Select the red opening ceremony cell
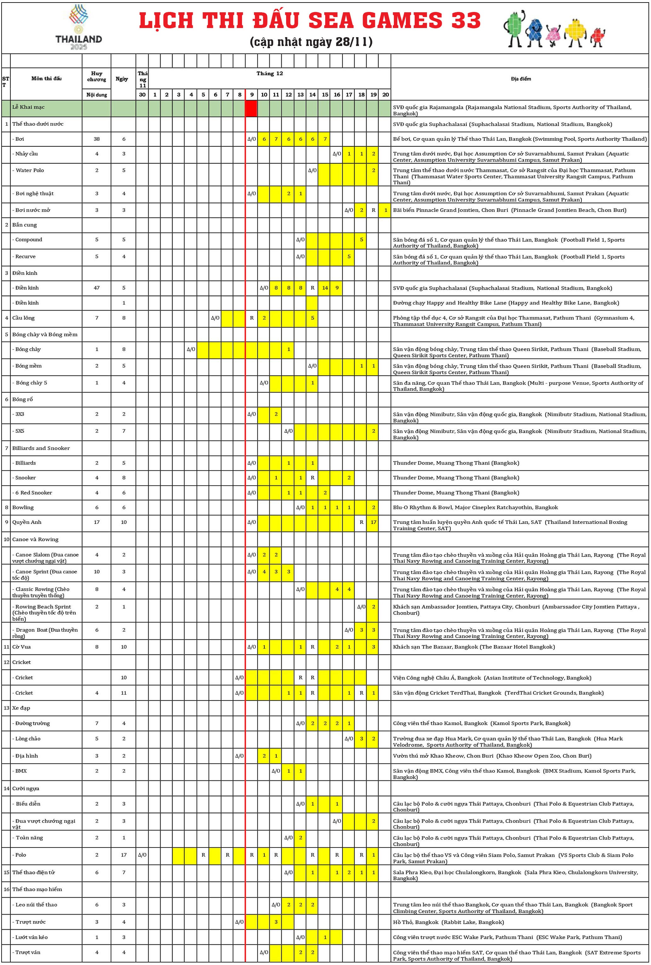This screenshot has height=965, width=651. pyautogui.click(x=251, y=108)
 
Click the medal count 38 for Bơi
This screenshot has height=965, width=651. pyautogui.click(x=97, y=139)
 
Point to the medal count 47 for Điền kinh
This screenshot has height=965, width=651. pyautogui.click(x=97, y=287)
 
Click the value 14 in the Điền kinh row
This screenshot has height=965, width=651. pyautogui.click(x=325, y=287)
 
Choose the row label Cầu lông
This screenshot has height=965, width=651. pyautogui.click(x=23, y=318)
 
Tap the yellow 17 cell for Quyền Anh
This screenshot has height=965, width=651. pyautogui.click(x=373, y=522)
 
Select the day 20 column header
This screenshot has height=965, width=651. pyautogui.click(x=385, y=94)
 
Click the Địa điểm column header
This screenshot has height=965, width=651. pyautogui.click(x=521, y=79)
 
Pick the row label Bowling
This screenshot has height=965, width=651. pyautogui.click(x=23, y=508)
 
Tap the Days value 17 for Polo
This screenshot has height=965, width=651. pyautogui.click(x=124, y=854)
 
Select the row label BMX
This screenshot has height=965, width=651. pyautogui.click(x=21, y=771)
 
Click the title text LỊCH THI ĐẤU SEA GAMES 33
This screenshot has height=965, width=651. pyautogui.click(x=310, y=21)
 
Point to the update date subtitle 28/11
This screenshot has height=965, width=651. pyautogui.click(x=311, y=42)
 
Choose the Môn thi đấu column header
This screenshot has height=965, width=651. pyautogui.click(x=47, y=78)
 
